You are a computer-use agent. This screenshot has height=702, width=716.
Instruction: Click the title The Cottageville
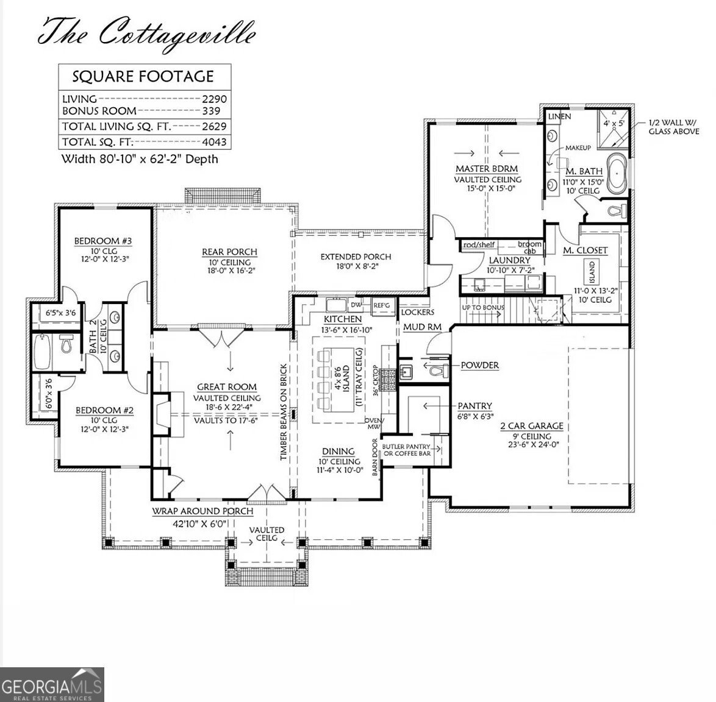click(x=146, y=32)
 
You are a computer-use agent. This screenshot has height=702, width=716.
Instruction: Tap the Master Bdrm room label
click(x=487, y=168)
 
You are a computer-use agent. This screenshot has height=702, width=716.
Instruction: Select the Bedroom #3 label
click(x=103, y=241)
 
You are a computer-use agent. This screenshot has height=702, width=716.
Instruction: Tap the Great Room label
click(x=227, y=387)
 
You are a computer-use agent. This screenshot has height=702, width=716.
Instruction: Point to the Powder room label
click(x=479, y=365)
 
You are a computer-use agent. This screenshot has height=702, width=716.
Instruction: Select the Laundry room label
click(x=509, y=260)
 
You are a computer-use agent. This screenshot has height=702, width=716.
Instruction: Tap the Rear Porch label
click(x=229, y=252)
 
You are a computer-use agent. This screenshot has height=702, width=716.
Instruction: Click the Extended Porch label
click(x=356, y=257)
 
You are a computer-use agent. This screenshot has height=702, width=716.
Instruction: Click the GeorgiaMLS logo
click(x=52, y=684)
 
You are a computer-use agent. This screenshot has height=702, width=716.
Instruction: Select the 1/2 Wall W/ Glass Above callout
click(x=673, y=127)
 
